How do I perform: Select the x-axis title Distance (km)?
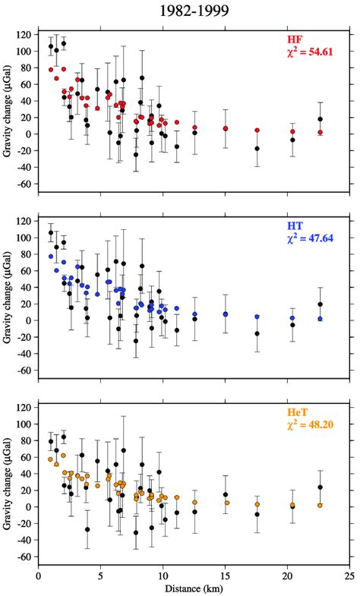(194, 589)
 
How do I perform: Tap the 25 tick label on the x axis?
(349, 576)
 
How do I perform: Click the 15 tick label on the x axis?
(225, 576)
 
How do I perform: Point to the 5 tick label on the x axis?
(100, 576)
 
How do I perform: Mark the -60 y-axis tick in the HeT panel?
(24, 557)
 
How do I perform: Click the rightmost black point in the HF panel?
(321, 119)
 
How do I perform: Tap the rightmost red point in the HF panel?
(321, 132)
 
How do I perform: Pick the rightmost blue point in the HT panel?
(321, 319)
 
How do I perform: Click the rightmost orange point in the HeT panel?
(321, 505)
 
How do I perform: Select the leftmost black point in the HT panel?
(51, 233)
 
